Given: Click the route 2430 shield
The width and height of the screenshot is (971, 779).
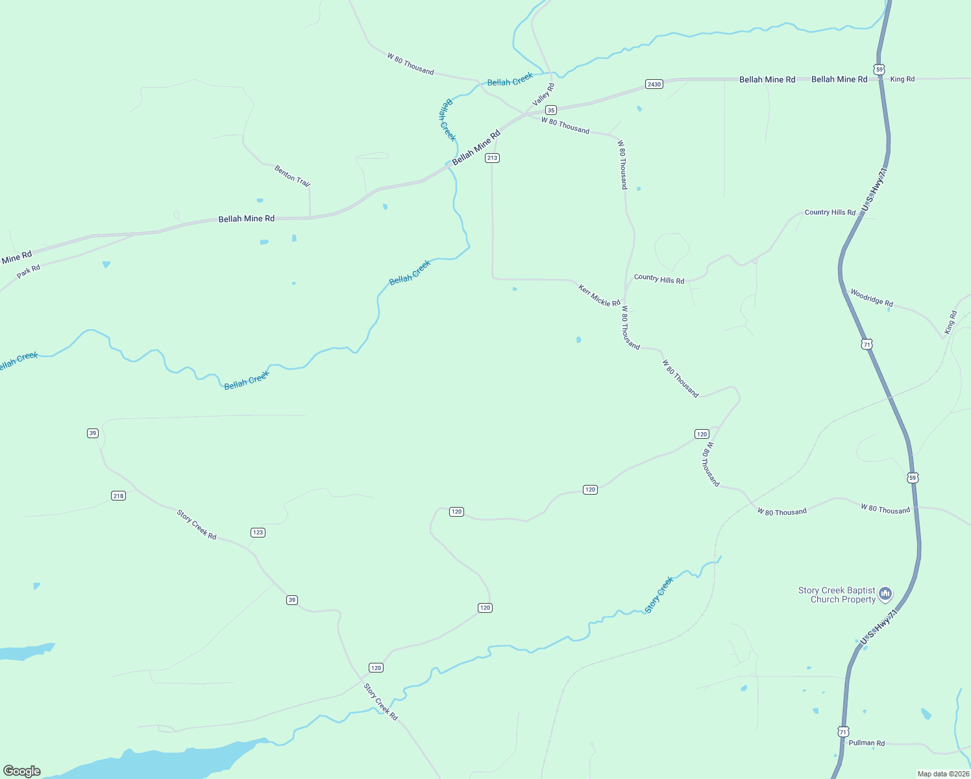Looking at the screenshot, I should (654, 84).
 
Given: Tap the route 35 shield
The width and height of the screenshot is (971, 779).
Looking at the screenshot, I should (550, 110).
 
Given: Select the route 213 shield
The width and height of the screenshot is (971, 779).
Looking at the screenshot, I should (492, 158).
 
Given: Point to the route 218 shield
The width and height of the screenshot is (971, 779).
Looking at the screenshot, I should (118, 496).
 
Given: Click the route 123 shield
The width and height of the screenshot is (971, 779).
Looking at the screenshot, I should (258, 532).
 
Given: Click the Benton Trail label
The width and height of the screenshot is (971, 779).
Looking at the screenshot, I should (292, 176).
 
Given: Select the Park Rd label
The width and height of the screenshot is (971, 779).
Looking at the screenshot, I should (29, 271).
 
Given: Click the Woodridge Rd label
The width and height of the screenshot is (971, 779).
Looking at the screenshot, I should (872, 298).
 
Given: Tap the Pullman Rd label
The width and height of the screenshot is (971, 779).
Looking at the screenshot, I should (867, 743).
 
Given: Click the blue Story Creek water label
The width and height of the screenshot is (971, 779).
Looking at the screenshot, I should (659, 595).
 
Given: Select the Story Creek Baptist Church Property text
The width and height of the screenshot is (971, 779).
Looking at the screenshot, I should (837, 595).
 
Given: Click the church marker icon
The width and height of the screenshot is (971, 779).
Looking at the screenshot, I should (885, 594).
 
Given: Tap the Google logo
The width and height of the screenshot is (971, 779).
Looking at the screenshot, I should (22, 771).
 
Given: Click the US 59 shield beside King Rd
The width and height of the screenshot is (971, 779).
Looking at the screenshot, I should (879, 69).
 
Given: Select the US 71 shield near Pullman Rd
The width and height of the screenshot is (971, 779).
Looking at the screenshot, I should (842, 732).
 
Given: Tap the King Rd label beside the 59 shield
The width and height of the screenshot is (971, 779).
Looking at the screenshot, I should (902, 79).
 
